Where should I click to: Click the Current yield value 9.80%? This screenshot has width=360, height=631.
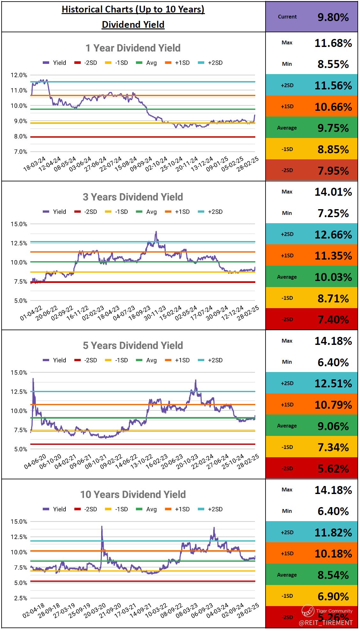pyautogui.click(x=333, y=17)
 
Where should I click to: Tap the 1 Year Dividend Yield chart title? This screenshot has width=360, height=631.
pyautogui.click(x=133, y=48)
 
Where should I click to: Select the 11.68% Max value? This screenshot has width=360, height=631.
pyautogui.click(x=333, y=43)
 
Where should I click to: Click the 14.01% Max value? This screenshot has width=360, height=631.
pyautogui.click(x=333, y=192)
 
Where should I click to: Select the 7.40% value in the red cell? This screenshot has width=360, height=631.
pyautogui.click(x=333, y=319)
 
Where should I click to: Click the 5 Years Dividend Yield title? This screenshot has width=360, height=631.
pyautogui.click(x=133, y=346)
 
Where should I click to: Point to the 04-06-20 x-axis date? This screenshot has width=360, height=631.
pyautogui.click(x=35, y=462)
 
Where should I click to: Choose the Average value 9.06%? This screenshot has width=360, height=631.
pyautogui.click(x=333, y=426)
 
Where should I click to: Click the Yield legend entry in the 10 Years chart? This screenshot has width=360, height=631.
pyautogui.click(x=55, y=509)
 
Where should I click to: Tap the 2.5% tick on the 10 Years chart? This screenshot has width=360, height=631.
pyautogui.click(x=20, y=598)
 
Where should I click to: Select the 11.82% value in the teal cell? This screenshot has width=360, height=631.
pyautogui.click(x=333, y=532)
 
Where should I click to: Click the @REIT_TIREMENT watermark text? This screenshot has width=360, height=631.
pyautogui.click(x=326, y=623)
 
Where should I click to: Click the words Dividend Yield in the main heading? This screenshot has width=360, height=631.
pyautogui.click(x=133, y=24)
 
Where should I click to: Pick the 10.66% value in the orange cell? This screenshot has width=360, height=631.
pyautogui.click(x=333, y=107)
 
